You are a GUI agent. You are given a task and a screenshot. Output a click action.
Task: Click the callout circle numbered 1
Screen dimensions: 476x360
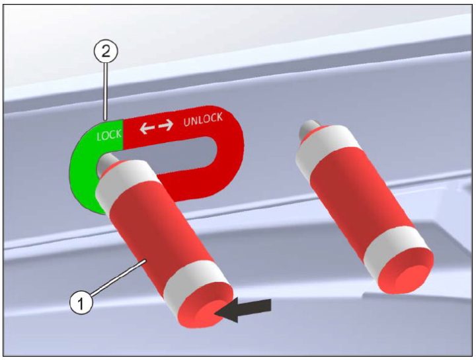[81, 303]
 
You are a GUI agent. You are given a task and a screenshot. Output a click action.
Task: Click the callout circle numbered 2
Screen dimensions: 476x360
[105, 52]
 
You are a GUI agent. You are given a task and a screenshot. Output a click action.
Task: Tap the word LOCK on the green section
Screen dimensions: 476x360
[109, 135]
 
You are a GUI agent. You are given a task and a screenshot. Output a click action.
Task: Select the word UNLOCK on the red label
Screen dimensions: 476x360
[203, 119]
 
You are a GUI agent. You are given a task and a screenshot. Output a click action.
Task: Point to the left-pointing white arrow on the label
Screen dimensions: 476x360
[147, 128]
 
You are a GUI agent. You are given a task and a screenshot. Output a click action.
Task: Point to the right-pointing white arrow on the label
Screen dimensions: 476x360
[166, 125]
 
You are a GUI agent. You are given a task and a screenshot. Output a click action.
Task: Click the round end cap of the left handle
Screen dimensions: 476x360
[206, 308]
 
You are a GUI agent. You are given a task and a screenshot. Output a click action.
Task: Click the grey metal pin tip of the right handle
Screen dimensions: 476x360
[307, 128]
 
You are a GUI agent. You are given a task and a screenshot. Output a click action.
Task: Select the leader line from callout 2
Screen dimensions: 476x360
[105, 91]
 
